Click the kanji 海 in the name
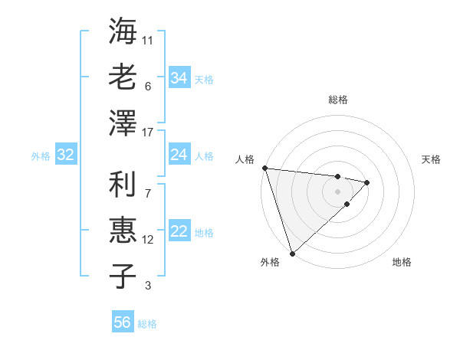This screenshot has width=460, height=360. (x=123, y=31)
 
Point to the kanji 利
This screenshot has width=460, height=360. (x=123, y=185)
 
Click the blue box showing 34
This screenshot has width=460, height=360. (x=179, y=77)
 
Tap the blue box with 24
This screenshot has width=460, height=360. (x=179, y=155)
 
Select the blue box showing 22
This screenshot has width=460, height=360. (x=179, y=232)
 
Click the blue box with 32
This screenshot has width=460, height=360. (x=65, y=155)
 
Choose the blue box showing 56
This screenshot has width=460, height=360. (x=122, y=322)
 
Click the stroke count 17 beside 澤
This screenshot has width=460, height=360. (x=148, y=133)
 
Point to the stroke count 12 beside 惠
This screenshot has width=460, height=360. (x=148, y=240)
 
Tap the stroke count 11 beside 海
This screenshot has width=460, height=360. (x=148, y=39)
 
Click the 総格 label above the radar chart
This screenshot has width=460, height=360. (x=337, y=100)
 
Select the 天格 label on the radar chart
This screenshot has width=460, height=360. (x=432, y=159)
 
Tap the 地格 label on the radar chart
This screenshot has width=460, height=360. (x=402, y=262)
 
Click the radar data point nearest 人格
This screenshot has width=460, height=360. (x=264, y=167)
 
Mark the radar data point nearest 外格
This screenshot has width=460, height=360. (x=292, y=253)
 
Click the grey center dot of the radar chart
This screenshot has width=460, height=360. (x=337, y=191)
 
